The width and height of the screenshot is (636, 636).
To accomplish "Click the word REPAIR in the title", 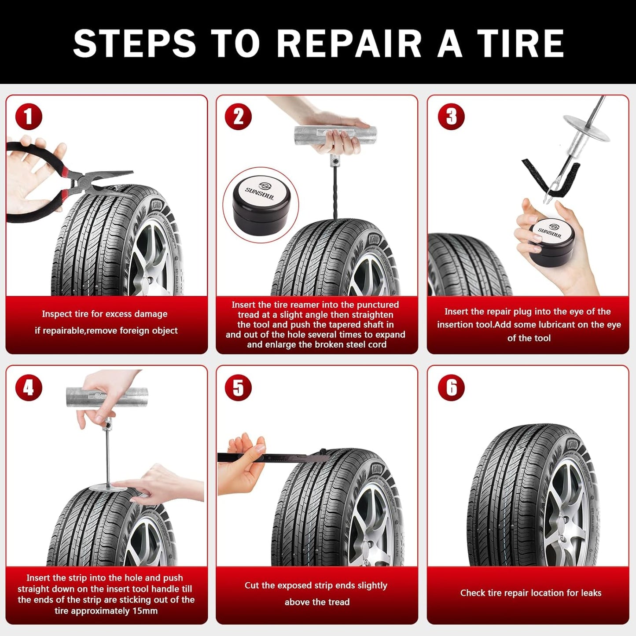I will (349, 44).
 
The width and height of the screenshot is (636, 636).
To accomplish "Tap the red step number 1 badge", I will (29, 117).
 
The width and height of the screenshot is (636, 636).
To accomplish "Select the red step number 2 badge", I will (238, 117).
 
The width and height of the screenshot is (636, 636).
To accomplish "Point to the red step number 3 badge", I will (451, 117).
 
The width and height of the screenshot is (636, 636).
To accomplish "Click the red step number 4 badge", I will (29, 388).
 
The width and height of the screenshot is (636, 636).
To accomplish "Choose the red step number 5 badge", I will (238, 388).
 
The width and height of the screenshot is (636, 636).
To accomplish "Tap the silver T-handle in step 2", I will (335, 137).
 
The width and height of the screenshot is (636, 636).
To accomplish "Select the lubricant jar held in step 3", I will (550, 240).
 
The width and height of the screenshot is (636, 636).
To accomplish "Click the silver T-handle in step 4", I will (107, 397).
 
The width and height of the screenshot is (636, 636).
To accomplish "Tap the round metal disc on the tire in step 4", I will (108, 487).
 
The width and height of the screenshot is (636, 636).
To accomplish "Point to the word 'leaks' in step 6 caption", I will (591, 593).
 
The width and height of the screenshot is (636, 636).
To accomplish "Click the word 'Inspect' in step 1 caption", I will (56, 314).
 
